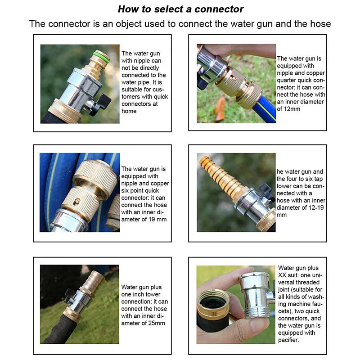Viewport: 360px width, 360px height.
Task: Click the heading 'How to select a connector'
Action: [180, 9]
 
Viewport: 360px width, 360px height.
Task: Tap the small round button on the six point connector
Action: [76, 202]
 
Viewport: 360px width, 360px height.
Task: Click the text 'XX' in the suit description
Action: [282, 275]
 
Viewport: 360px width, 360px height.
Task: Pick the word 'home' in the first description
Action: [129, 111]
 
